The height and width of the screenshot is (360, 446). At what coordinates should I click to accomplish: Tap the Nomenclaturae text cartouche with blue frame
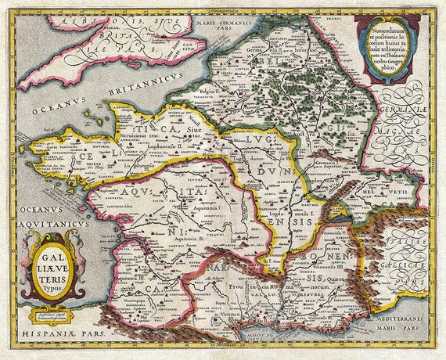coord(387,46)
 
